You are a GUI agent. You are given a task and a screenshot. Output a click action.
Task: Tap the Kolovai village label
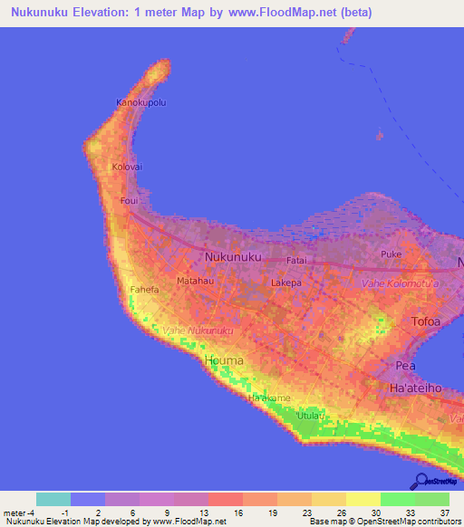[x=127, y=168]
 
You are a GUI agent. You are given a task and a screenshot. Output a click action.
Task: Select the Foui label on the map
[x=129, y=201]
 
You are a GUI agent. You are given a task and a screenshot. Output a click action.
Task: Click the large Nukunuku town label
[x=234, y=257]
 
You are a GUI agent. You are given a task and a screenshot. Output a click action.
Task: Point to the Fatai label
[x=297, y=260]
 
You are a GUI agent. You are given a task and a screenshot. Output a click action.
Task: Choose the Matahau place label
[x=194, y=282]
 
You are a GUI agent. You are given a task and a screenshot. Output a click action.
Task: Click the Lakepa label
[x=286, y=283]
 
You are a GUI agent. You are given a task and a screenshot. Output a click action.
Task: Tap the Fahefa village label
[x=145, y=290]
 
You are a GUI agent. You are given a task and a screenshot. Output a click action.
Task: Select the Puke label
[x=391, y=254]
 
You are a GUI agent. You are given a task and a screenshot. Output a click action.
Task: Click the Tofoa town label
[x=426, y=321]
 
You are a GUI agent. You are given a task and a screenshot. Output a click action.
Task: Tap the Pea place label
[x=405, y=365]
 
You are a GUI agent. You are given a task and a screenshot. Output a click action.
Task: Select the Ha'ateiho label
[x=415, y=388]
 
